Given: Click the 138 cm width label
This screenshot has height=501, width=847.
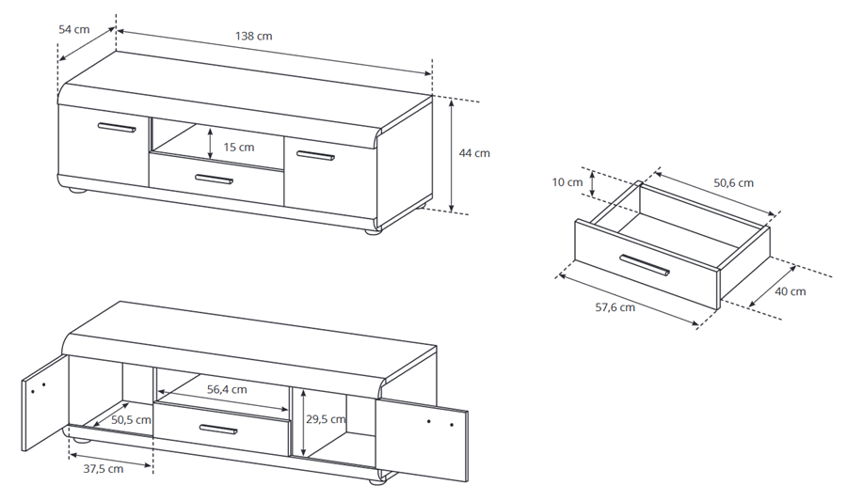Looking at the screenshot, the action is (254, 36).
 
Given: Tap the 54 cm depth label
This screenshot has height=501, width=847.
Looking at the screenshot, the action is (74, 29).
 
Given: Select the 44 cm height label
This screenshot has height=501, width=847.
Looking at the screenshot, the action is (474, 153).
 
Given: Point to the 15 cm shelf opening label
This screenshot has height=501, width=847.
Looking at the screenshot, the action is (238, 148).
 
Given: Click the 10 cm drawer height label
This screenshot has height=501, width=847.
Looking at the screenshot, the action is (567, 182).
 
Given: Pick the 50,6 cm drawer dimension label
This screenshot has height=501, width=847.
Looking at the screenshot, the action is (733, 182).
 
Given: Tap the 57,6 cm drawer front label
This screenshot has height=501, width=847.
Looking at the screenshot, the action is (615, 307).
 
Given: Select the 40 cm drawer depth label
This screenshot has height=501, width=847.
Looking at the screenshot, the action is (791, 291).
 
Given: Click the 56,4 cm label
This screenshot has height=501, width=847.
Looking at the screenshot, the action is (227, 389).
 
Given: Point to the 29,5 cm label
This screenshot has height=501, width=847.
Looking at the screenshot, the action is (326, 419).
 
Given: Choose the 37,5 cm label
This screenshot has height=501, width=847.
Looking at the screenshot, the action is (104, 469).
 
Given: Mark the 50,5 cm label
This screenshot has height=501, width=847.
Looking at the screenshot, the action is (131, 419).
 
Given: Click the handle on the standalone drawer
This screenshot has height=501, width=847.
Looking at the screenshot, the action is (645, 264).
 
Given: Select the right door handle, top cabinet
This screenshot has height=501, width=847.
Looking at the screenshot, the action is (315, 156).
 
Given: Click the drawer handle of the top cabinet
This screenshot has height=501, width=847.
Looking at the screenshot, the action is (214, 179).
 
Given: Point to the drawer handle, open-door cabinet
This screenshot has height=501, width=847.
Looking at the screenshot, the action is (218, 430).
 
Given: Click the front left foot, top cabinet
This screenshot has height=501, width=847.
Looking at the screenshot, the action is (78, 190).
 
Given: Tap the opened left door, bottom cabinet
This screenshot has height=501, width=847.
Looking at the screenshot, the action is (45, 401).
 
